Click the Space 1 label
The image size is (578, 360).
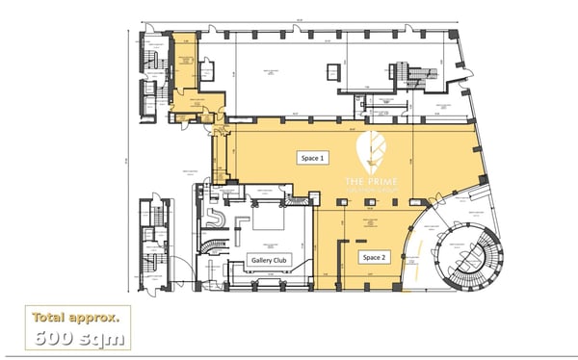(x=309, y=157)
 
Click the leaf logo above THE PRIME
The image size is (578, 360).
(x=372, y=152)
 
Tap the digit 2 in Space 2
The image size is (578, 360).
(x=387, y=257)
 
